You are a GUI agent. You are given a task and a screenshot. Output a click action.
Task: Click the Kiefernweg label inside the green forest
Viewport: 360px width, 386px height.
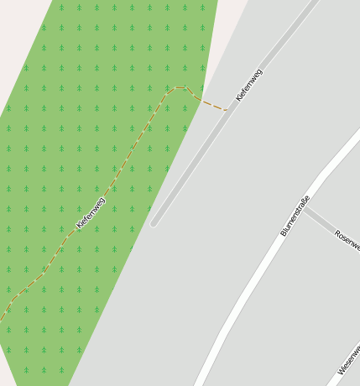click(x=91, y=212)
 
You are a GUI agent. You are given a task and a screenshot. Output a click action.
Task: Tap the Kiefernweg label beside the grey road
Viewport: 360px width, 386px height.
click(x=249, y=85)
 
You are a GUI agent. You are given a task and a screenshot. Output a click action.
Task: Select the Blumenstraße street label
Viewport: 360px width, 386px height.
click(x=295, y=216)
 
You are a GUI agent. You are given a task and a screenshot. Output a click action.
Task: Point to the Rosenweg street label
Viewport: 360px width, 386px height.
click(x=347, y=240)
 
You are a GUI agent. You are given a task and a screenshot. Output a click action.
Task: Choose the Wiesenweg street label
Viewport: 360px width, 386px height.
click(x=349, y=360)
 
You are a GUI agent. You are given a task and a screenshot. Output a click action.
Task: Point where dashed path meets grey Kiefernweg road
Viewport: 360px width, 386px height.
click(x=227, y=110)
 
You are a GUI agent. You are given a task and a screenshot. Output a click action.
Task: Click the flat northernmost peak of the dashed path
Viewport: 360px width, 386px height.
click(x=178, y=87)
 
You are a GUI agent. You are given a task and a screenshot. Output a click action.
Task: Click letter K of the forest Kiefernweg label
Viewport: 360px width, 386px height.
click(x=78, y=226)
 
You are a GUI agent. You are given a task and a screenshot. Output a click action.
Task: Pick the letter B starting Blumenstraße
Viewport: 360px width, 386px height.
click(x=283, y=234)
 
